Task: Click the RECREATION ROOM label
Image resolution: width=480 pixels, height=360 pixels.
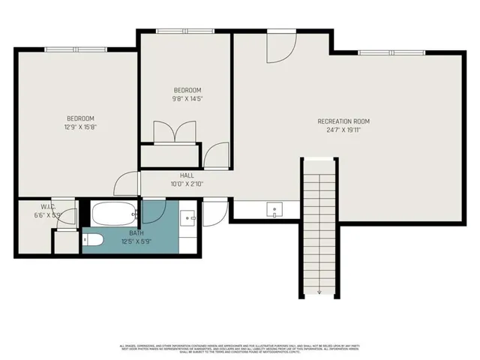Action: point(343,121)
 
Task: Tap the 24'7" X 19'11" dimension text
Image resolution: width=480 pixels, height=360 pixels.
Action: point(343,129)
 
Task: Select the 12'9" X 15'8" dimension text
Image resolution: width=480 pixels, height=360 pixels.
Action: point(80,127)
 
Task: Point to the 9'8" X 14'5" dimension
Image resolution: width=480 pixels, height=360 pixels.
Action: point(187,98)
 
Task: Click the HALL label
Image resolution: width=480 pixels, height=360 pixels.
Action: point(187,175)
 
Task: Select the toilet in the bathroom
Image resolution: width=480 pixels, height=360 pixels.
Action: point(91,240)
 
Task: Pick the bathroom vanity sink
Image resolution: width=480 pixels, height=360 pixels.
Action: point(189,219)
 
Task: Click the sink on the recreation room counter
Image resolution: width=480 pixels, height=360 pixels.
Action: point(275,211)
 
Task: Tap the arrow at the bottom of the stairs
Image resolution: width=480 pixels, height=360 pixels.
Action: point(319,292)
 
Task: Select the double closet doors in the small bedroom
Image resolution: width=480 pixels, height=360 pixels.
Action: point(174,133)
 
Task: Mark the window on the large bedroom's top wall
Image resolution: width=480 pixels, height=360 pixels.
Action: point(76,49)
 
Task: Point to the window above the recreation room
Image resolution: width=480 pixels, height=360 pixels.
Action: point(391,52)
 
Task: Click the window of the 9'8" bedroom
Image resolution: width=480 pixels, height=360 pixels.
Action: point(184,31)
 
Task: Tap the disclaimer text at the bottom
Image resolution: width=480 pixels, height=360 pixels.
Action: point(240,349)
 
